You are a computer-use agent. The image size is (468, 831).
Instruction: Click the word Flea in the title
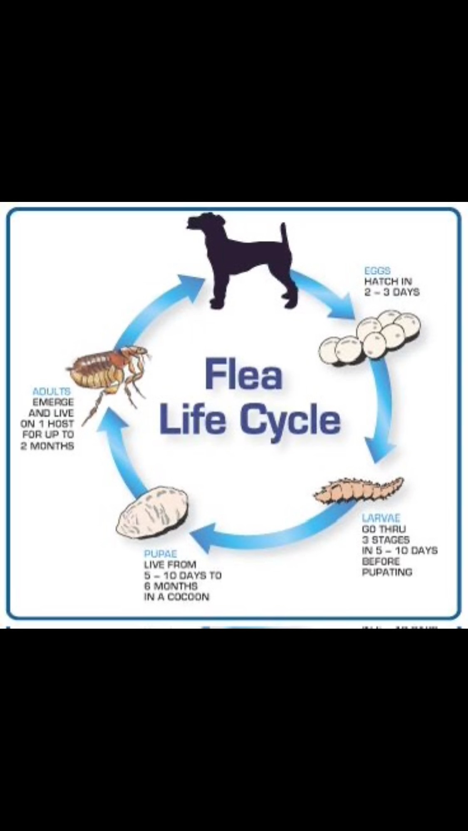coord(244,375)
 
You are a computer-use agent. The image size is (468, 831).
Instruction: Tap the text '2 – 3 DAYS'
coord(392,292)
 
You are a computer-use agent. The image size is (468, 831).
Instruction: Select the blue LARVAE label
coord(381,518)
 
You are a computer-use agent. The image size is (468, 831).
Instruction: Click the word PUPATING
coord(387,572)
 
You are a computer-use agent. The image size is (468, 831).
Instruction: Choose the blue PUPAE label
coord(161,554)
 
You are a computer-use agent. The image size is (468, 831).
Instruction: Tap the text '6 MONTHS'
coord(171,586)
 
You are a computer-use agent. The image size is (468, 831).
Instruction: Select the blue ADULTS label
coord(52,391)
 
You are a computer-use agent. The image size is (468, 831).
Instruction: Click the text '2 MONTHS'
coord(47,446)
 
